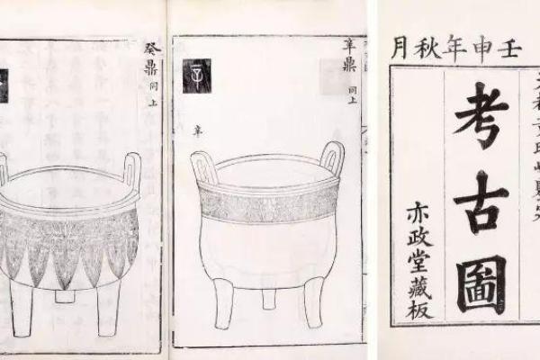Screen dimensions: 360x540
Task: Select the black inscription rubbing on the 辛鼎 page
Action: pos(196,74)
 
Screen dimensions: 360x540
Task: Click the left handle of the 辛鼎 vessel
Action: pos(204,166)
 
